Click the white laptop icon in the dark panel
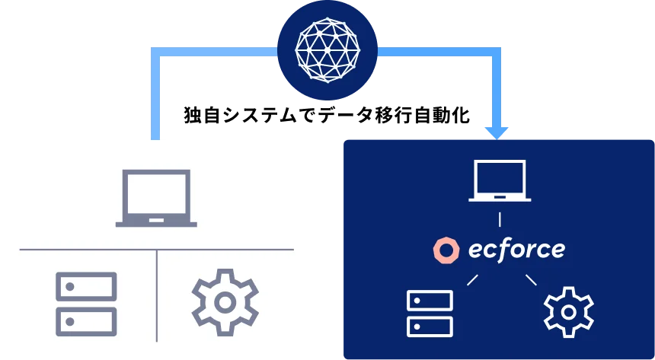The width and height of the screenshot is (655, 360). (x=500, y=181)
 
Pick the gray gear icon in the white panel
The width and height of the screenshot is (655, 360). (x=225, y=302)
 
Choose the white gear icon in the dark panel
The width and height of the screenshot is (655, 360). (x=568, y=312)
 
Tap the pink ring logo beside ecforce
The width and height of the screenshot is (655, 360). (x=446, y=250)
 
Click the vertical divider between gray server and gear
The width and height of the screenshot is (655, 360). (x=157, y=297)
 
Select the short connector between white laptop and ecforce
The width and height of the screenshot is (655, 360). (x=500, y=220)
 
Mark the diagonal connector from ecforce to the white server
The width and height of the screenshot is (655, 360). (x=472, y=280)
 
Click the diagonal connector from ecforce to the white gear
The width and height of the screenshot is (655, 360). (x=531, y=280)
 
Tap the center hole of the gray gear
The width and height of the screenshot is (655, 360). (x=225, y=302)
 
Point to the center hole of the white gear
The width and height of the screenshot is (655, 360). (x=568, y=312)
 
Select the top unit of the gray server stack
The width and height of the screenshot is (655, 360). (x=86, y=287)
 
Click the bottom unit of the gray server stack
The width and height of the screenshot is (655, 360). (x=86, y=321)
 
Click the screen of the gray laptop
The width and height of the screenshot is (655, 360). (x=156, y=193)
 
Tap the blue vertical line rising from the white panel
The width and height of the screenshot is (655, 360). (x=156, y=99)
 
